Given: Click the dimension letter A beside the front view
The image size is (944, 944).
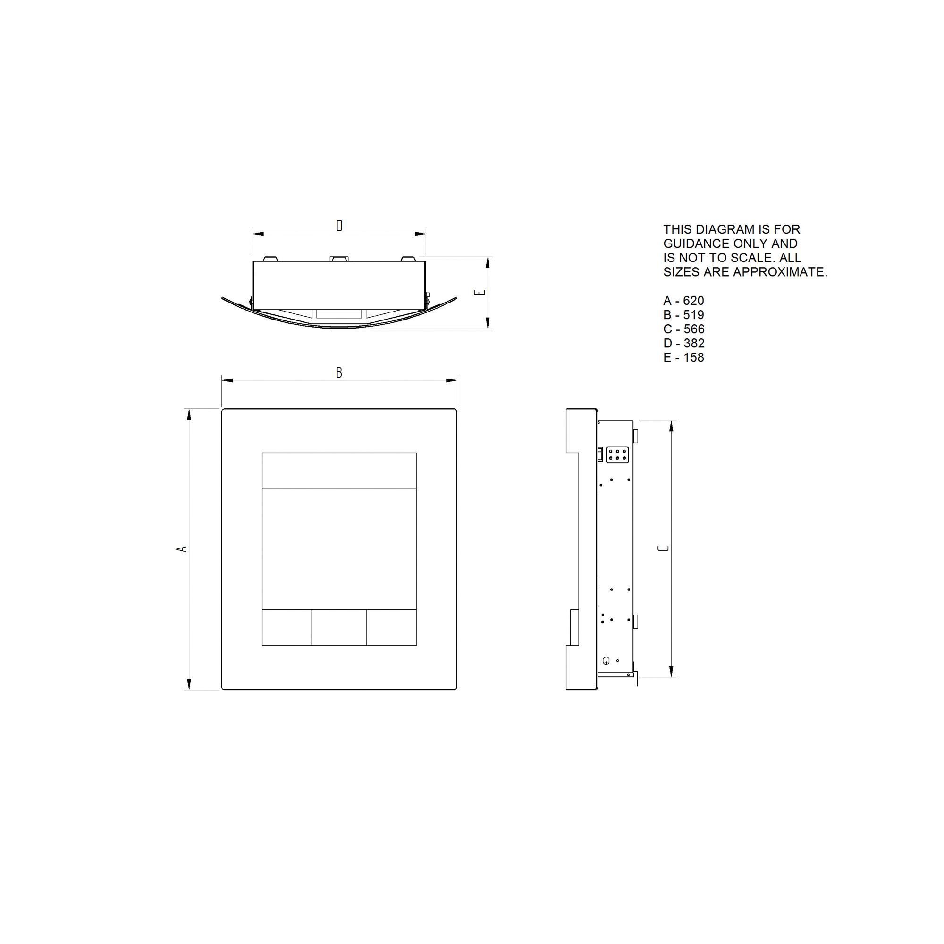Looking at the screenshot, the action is (x=181, y=549).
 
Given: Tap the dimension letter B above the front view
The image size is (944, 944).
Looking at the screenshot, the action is (x=339, y=373).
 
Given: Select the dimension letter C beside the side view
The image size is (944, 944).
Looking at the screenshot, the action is (x=664, y=548).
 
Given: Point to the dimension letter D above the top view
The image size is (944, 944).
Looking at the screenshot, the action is (x=339, y=225).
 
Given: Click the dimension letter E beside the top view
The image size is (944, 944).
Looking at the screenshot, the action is (x=480, y=292).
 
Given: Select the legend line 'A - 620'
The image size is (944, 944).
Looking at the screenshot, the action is (x=683, y=301).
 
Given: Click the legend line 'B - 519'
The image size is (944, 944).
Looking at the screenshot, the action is (x=683, y=315).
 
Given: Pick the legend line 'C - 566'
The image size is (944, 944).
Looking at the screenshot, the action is (x=683, y=329).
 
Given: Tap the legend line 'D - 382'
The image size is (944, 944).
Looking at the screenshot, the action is (x=683, y=343).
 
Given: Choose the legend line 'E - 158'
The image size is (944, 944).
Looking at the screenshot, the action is (x=683, y=357).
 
